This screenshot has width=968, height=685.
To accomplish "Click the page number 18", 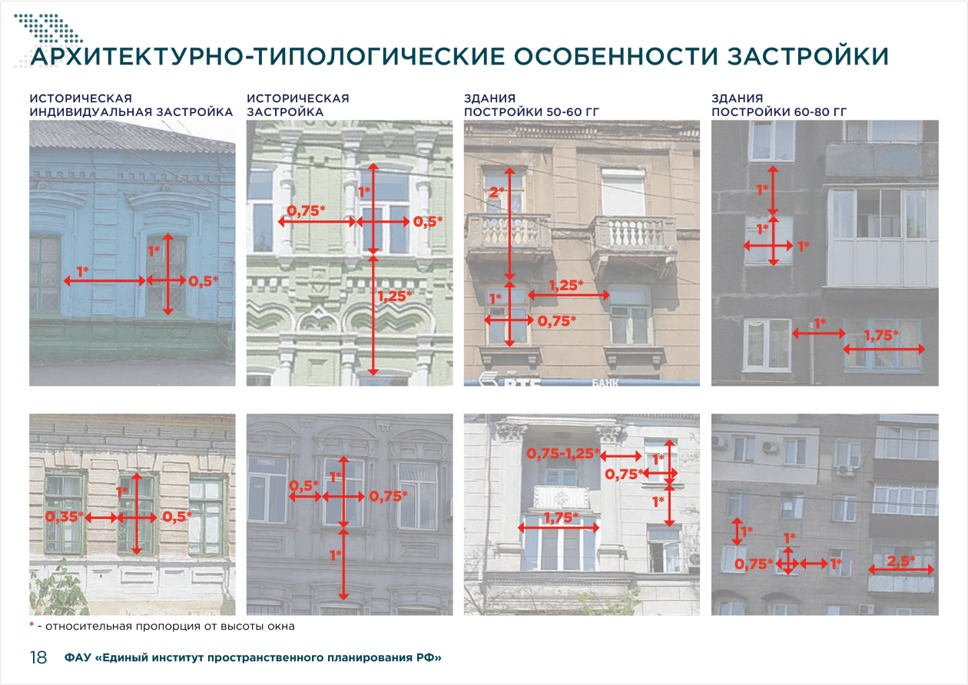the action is [38, 657].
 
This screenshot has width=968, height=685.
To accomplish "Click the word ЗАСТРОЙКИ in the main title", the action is [807, 57].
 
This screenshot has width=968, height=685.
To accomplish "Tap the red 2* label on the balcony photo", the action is [496, 192].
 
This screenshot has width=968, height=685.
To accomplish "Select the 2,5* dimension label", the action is [900, 561].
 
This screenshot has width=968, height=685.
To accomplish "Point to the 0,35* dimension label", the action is [65, 516].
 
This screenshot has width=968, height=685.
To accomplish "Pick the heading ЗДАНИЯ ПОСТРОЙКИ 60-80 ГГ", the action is [779, 105].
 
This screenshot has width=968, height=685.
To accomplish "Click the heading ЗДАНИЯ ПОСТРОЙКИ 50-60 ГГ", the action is [531, 105].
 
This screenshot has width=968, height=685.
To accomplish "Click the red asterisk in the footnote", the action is [31, 624].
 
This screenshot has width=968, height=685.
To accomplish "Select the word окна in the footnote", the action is [280, 627].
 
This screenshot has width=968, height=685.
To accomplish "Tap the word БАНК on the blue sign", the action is [605, 382].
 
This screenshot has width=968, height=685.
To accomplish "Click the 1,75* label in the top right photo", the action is [881, 335].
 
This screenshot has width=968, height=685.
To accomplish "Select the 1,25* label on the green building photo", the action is [395, 296].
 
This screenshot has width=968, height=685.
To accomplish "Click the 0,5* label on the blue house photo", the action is [203, 281].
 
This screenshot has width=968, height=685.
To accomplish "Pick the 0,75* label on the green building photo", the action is [306, 210].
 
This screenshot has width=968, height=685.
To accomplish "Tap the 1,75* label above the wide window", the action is [561, 518].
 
